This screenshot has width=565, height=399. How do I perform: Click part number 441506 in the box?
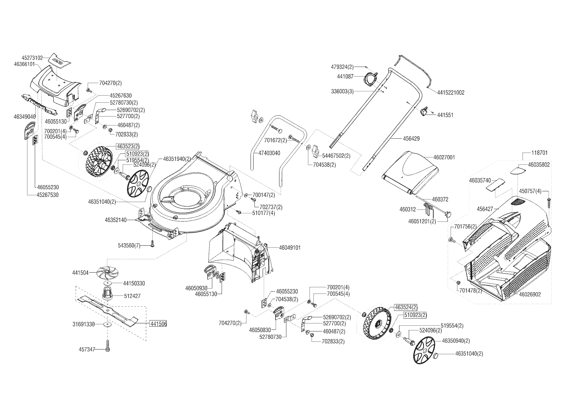pos(158,324)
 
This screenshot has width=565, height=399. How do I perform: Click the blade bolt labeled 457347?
pos(108,348)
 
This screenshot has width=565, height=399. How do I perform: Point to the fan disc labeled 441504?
pos(106,273)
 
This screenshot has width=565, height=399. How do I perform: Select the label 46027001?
pos(444,157)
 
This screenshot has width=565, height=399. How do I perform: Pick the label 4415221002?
pos(451,93)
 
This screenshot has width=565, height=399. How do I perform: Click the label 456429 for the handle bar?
pos(411,139)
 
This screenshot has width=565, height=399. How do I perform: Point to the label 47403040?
pos(269,153)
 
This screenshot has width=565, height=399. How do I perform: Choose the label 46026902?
pos(530,294)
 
